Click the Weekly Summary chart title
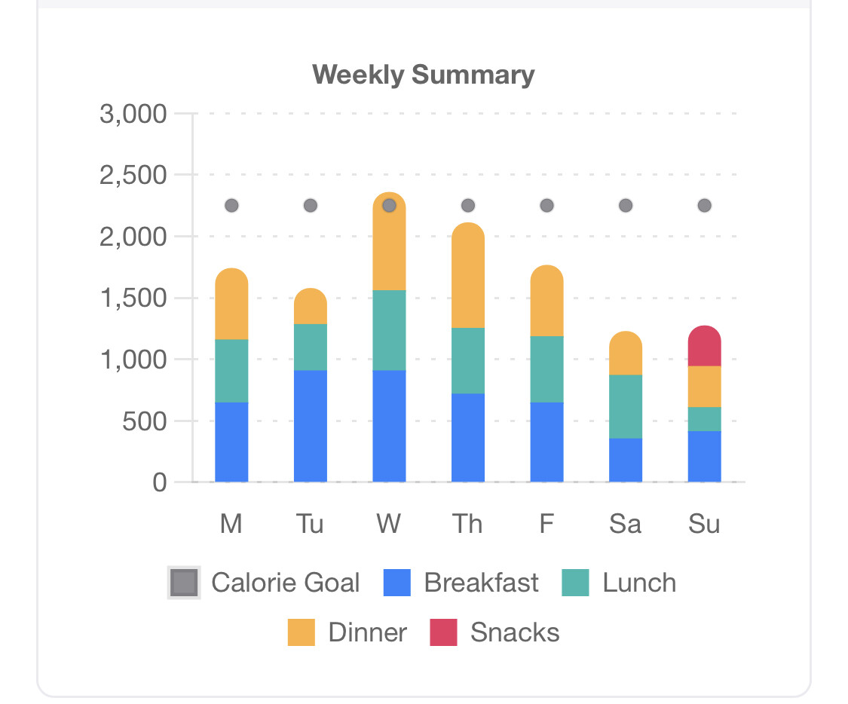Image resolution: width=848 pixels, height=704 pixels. point(424,75)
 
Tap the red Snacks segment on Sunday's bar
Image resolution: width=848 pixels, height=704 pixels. point(704,347)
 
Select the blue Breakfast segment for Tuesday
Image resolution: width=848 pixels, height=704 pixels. point(311,426)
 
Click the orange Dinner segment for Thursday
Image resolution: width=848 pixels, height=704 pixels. point(468,276)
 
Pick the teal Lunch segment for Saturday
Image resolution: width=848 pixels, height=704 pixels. point(626,406)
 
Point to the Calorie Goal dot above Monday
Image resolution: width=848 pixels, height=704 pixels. point(231,206)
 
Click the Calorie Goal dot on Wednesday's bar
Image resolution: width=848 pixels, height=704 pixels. point(389,206)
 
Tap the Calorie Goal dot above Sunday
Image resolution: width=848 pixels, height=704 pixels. point(704,206)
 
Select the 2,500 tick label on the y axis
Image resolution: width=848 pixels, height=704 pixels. point(133,176)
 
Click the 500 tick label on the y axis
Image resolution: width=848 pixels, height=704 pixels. point(144,421)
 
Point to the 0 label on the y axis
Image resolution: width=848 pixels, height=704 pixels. point(159,482)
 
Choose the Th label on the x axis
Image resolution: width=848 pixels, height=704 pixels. point(467,524)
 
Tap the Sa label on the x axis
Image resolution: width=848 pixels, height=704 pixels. point(625,524)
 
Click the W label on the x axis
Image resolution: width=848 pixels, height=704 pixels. point(389,524)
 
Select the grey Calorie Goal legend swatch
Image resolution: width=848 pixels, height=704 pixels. point(184,583)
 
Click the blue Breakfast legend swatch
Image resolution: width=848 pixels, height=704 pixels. point(397,583)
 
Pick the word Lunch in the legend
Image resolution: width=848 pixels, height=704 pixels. point(639,583)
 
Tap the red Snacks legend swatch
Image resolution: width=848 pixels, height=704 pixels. point(443,632)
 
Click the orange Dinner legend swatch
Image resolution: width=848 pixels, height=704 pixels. point(302,632)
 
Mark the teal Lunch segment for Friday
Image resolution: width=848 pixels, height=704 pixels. point(546,369)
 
